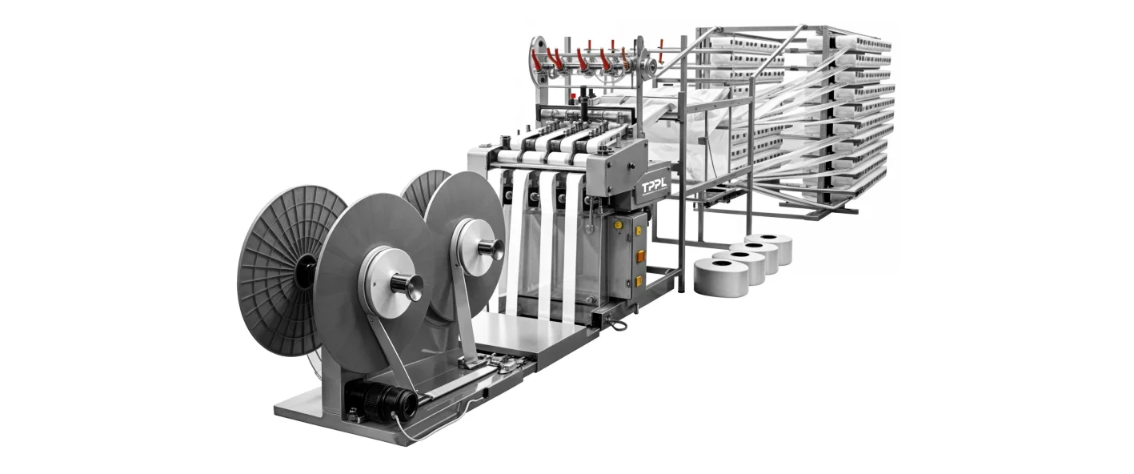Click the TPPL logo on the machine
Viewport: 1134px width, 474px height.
pos(655,187)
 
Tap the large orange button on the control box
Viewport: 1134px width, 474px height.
pos(640,256)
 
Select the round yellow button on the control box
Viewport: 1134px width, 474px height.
pos(618,224)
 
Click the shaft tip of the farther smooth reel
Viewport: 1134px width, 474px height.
pos(494,249)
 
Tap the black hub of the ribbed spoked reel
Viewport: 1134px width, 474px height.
pos(305,272)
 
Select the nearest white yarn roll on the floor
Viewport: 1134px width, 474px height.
pos(721,277)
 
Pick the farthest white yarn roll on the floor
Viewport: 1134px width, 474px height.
pos(769,248)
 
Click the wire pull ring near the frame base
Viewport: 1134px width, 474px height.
pos(617,324)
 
